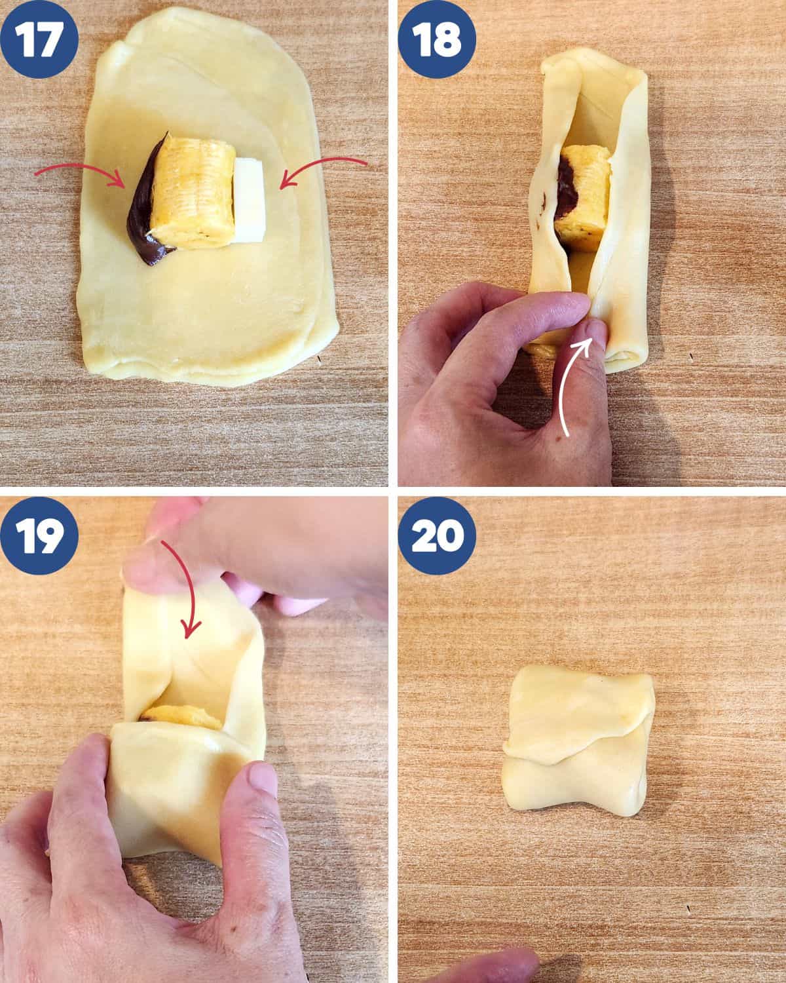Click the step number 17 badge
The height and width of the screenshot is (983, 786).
(39, 39)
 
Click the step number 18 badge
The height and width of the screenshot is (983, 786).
(437, 39)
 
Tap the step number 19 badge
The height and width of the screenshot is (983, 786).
(39, 535)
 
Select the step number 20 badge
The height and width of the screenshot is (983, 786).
(437, 535)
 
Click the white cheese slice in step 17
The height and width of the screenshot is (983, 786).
(250, 200)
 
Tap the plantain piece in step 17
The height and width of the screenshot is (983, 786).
(193, 192)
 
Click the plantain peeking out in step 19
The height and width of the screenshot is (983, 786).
(182, 717)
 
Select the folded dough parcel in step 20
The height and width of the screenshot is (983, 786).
(578, 745)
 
